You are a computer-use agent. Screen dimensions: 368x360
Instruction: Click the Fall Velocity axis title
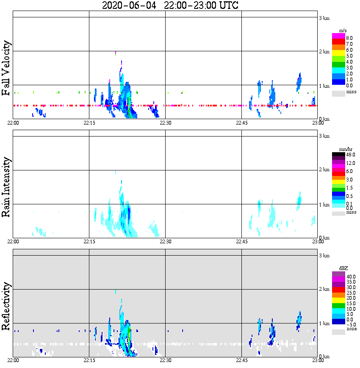pyautogui.click(x=6, y=68)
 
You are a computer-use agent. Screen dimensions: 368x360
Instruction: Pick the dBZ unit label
pyautogui.click(x=343, y=268)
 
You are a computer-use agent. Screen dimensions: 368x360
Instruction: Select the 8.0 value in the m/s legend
pyautogui.click(x=349, y=38)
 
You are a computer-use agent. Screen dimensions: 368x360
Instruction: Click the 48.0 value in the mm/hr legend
pyautogui.click(x=350, y=155)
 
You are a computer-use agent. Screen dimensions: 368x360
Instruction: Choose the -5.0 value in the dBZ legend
pyautogui.click(x=350, y=324)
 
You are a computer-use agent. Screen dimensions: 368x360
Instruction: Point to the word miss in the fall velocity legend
pyautogui.click(x=351, y=92)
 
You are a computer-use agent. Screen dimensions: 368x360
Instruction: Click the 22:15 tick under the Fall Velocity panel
pyautogui.click(x=89, y=123)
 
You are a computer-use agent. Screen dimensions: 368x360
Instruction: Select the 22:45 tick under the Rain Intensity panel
pyautogui.click(x=241, y=242)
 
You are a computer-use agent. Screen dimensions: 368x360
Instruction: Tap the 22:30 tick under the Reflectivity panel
pyautogui.click(x=165, y=361)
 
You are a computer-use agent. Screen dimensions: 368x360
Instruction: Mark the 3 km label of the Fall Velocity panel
pyautogui.click(x=324, y=17)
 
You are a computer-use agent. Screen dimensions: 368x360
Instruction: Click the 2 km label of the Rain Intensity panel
pyautogui.click(x=324, y=170)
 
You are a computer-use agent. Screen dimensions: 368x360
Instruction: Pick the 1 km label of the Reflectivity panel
pyautogui.click(x=324, y=323)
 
